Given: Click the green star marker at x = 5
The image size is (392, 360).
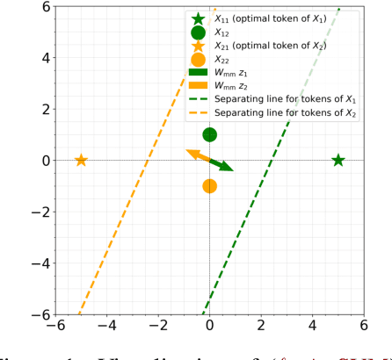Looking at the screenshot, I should [x=338, y=161].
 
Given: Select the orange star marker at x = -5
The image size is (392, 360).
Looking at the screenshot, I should [x=81, y=161].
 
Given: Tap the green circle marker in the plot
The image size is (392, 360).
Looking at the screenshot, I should [x=209, y=134].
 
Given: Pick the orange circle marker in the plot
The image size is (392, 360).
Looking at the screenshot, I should [x=209, y=186].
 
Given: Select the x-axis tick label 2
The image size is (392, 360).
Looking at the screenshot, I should [x=261, y=326].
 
